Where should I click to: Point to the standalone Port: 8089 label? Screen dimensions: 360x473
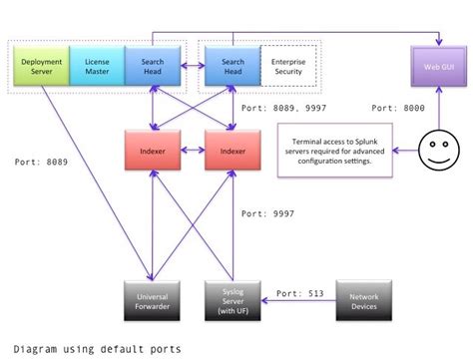click(44, 161)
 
